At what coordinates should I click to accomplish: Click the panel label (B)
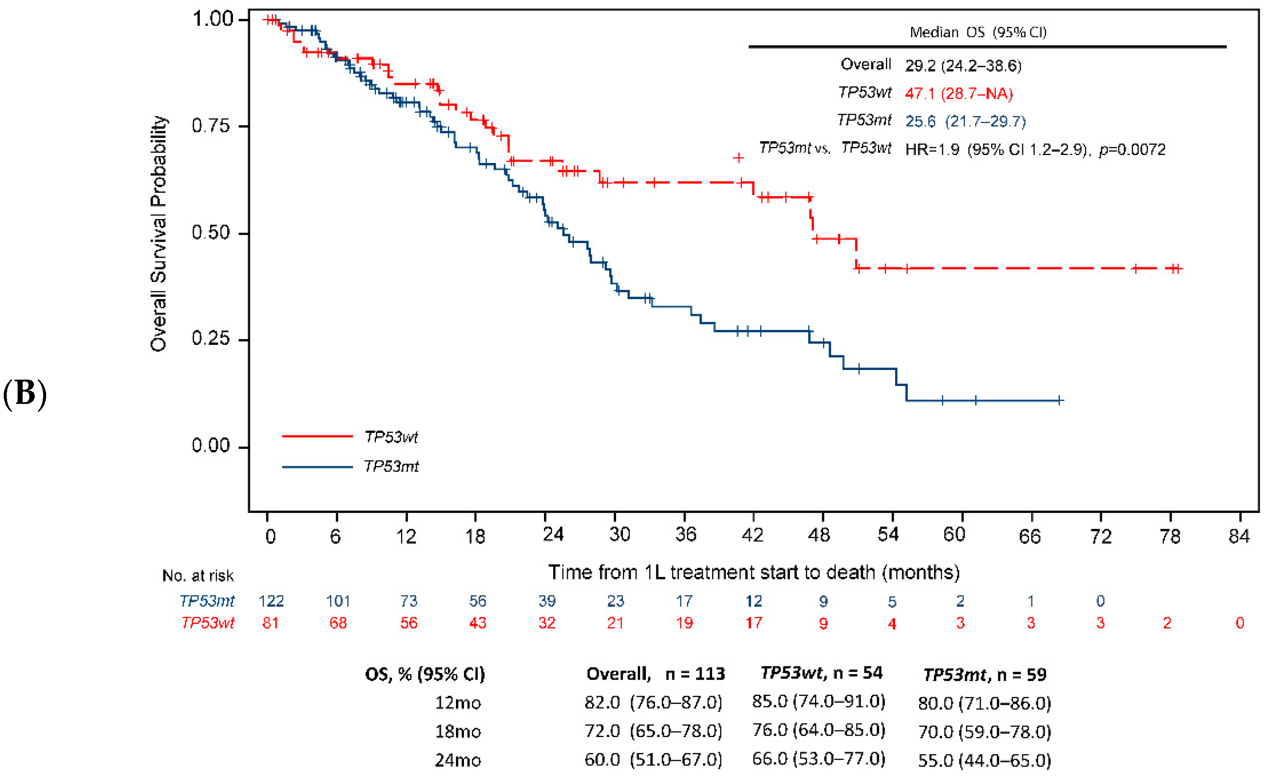pyautogui.click(x=24, y=394)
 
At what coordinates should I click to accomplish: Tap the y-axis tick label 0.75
pyautogui.click(x=210, y=126)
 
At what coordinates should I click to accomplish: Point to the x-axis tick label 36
pyautogui.click(x=686, y=535)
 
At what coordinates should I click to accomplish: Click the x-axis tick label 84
pyautogui.click(x=1239, y=536)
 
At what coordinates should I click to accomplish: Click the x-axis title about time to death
pyautogui.click(x=754, y=572)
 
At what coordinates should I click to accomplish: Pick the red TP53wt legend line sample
pyautogui.click(x=317, y=436)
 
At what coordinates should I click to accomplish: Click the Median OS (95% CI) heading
pyautogui.click(x=978, y=32)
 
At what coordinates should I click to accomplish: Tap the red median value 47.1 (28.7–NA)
pyautogui.click(x=958, y=93)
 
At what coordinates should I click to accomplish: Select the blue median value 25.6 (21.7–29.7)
pyautogui.click(x=965, y=121)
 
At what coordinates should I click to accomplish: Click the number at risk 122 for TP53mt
pyautogui.click(x=271, y=601)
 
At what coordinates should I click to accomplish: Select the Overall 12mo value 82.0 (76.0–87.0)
pyautogui.click(x=653, y=702)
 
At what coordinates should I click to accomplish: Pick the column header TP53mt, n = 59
pyautogui.click(x=984, y=674)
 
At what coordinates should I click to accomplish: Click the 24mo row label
pyautogui.click(x=458, y=760)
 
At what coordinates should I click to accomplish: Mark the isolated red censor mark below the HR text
pyautogui.click(x=738, y=158)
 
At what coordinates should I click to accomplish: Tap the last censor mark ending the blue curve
pyautogui.click(x=1059, y=400)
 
